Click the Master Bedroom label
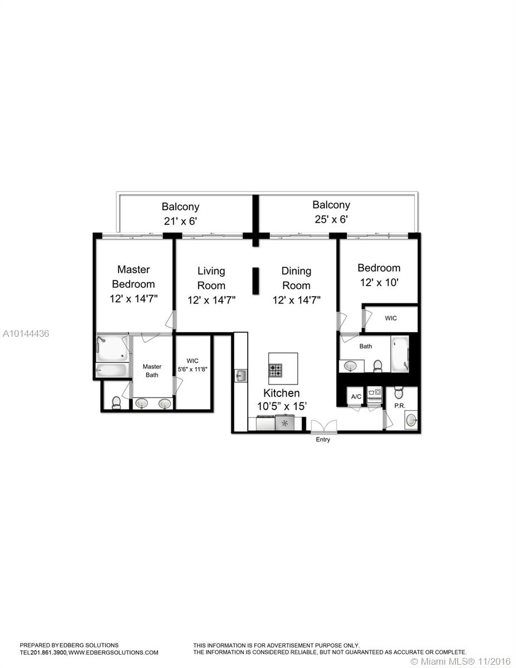coord(134,277)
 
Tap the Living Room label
coord(211,278)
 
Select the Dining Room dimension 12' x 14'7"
coord(297,299)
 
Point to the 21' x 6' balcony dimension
coord(180,221)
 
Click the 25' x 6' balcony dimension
coord(331,219)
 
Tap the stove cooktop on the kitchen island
coord(276,370)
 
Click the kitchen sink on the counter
coord(240,376)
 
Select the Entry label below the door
coord(323,440)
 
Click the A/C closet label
coord(356,396)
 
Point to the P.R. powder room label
coord(400,406)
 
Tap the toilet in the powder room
coord(399,393)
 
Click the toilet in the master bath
coord(116,402)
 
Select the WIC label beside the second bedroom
coord(391,318)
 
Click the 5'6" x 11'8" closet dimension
coord(193,369)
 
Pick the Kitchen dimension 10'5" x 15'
coord(282,406)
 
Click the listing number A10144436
coord(26,333)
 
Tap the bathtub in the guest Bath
coord(400,354)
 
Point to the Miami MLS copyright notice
coord(461,661)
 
